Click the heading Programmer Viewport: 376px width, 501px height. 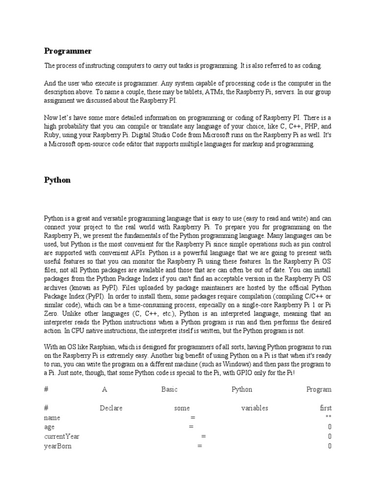click(x=68, y=51)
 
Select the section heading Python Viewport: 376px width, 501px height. click(x=57, y=180)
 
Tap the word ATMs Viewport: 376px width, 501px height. click(x=195, y=92)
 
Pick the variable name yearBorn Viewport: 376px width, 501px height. click(x=58, y=446)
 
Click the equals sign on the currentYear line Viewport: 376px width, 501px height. click(x=203, y=436)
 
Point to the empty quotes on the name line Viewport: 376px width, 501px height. click(x=329, y=418)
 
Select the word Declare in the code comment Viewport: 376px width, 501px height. click(x=111, y=408)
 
